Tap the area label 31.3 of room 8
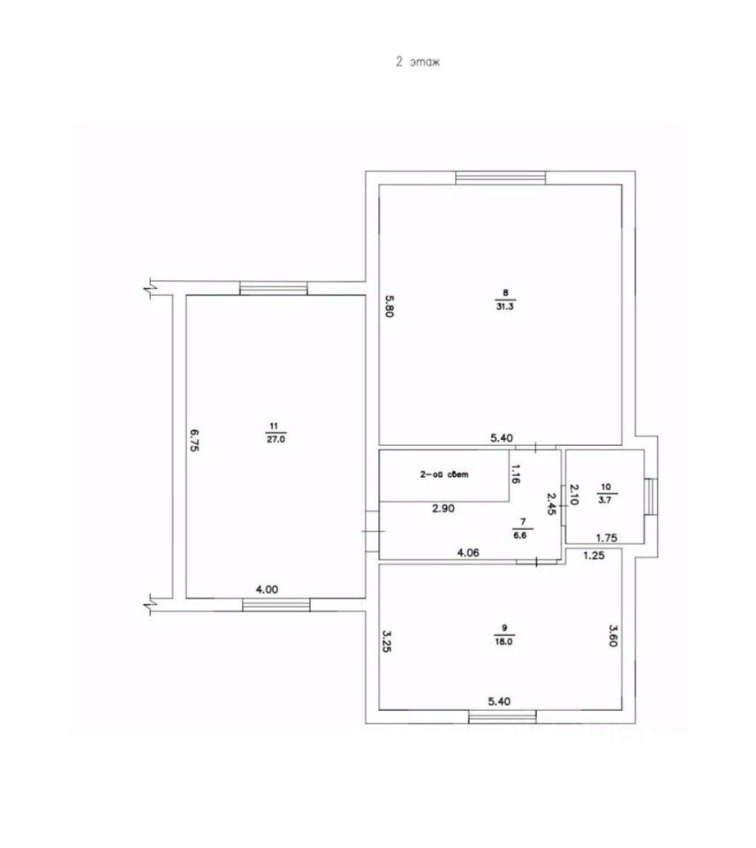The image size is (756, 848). click(x=504, y=307)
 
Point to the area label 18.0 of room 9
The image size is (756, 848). click(x=503, y=643)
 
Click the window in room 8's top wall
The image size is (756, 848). click(x=501, y=178)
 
